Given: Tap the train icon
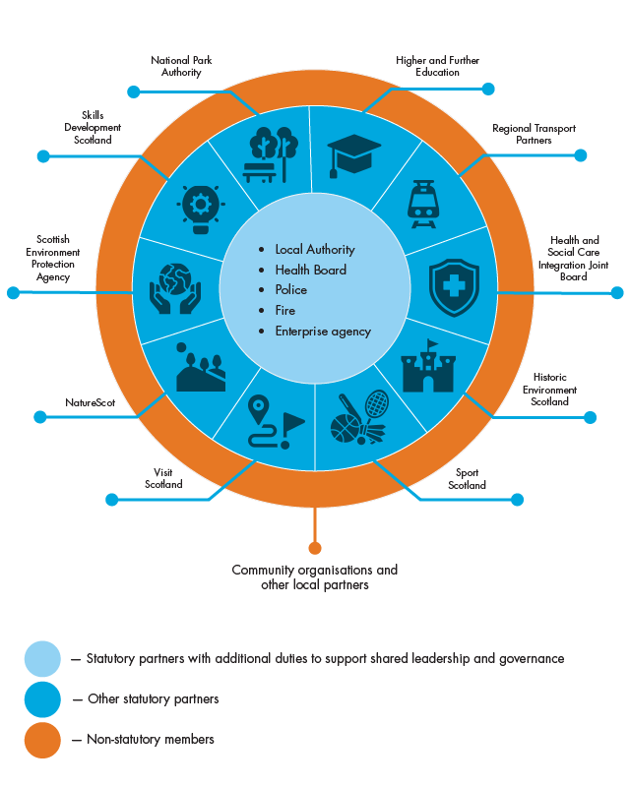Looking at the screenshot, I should click(422, 203).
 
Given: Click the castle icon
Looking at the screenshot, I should click(428, 367).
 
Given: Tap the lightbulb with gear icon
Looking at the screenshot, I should click(202, 207).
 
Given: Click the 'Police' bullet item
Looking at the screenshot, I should click(291, 290).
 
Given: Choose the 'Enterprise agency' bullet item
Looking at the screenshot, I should click(323, 332).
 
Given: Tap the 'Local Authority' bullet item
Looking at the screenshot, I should click(315, 250).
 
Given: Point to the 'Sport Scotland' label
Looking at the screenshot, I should click(468, 479).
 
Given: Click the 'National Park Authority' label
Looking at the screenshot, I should click(181, 66).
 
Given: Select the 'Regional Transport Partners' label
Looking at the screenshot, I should click(534, 134).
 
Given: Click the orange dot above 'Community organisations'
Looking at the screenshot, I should click(315, 548).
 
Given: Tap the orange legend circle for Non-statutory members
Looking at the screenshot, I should click(42, 740).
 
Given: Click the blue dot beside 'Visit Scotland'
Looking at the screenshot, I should click(111, 500).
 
